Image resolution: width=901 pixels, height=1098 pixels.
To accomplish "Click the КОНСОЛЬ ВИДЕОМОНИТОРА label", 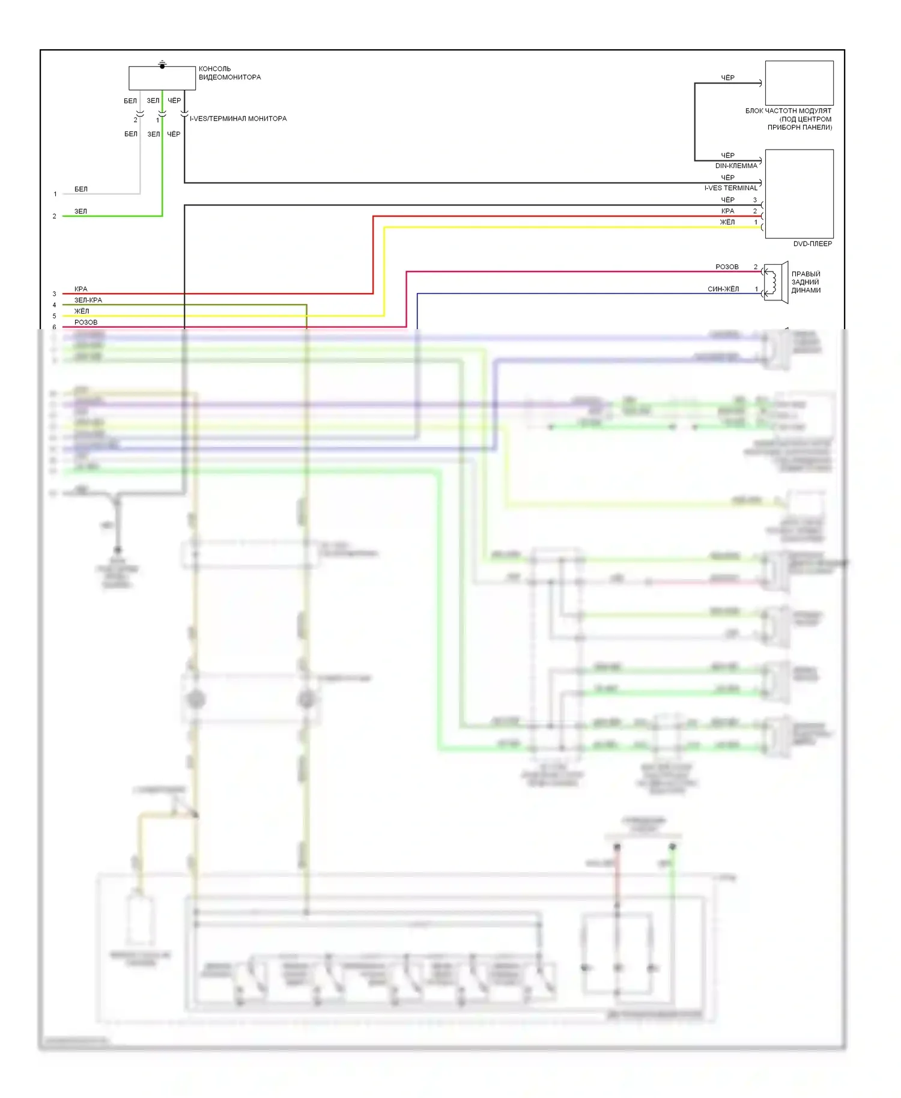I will (229, 73).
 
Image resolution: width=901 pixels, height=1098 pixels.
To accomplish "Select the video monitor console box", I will (162, 78).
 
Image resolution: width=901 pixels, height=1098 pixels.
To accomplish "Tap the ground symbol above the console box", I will (162, 63).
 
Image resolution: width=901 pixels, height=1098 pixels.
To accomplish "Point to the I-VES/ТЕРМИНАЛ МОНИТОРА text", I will (238, 118).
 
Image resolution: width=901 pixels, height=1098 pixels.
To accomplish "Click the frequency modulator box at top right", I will (799, 83).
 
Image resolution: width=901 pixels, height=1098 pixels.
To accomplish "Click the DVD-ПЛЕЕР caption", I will (812, 244).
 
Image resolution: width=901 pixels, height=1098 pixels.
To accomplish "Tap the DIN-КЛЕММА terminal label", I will (736, 166).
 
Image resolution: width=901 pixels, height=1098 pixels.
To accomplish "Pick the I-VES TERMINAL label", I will (730, 188).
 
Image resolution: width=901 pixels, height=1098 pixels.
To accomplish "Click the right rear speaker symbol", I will (775, 282).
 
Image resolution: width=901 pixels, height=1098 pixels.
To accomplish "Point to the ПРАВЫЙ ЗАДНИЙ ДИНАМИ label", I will (805, 282).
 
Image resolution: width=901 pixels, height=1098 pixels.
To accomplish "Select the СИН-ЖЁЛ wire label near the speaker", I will (723, 289).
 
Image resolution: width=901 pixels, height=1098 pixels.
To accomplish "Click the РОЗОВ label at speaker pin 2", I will (727, 267).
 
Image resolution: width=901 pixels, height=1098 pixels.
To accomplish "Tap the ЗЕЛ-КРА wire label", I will (88, 300).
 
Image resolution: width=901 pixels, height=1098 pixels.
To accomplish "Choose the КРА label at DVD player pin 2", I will (727, 211).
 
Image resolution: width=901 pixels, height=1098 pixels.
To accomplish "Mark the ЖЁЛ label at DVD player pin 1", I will (727, 222).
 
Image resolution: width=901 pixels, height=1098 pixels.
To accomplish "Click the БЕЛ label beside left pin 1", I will (81, 189).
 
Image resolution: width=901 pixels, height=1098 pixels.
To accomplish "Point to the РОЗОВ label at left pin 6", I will (86, 322).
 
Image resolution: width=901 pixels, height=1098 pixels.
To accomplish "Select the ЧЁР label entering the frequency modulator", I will (727, 77).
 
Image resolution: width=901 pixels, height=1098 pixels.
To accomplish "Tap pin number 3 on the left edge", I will (54, 294).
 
